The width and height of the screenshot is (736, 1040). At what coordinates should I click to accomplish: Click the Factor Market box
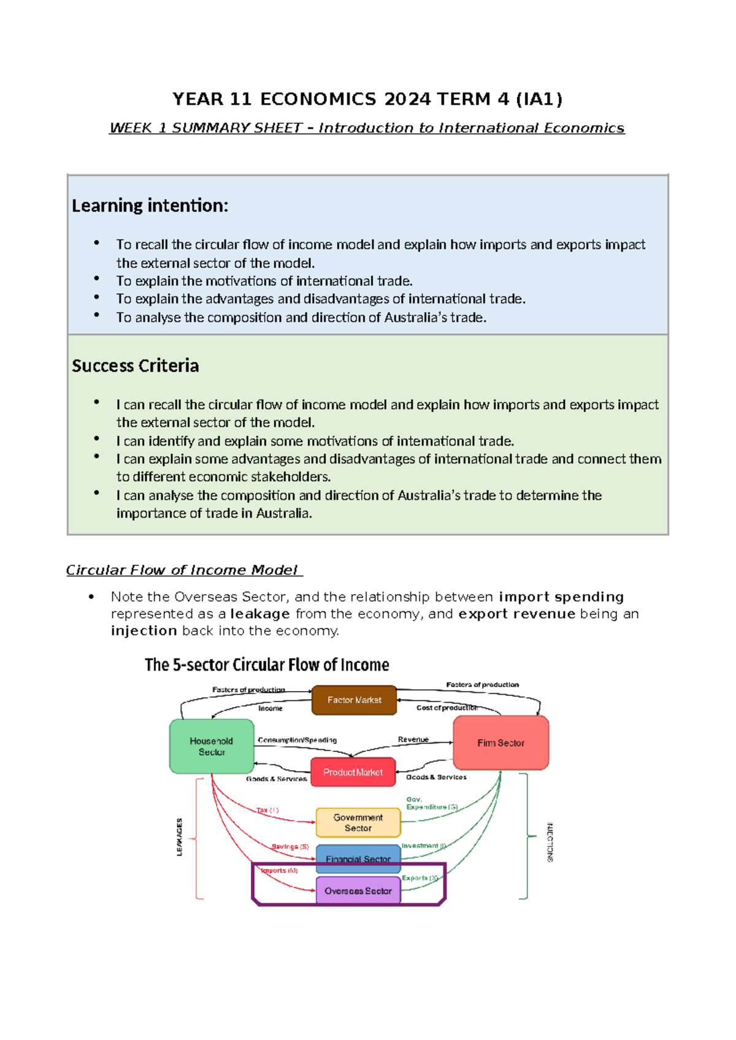tap(354, 700)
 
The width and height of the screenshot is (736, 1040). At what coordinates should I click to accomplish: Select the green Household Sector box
tap(212, 746)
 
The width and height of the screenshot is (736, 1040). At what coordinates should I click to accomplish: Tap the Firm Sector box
tap(500, 743)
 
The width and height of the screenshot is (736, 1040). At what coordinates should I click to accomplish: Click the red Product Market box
tap(353, 772)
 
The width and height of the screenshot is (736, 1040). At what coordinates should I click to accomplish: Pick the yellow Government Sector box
tap(358, 822)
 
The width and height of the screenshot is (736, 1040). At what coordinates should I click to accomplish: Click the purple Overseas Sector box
tap(358, 890)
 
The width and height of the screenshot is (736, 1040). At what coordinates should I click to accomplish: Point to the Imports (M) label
tap(280, 870)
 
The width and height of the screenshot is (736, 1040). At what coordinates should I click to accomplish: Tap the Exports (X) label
tap(420, 877)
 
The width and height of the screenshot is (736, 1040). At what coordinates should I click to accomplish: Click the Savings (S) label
tap(290, 846)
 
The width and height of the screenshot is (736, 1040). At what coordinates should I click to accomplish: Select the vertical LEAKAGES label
tap(179, 837)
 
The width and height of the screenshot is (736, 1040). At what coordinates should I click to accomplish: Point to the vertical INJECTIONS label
tap(550, 842)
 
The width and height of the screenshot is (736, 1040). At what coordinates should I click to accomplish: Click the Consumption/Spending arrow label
tap(297, 740)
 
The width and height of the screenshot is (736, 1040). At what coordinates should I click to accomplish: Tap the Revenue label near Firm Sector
tap(413, 740)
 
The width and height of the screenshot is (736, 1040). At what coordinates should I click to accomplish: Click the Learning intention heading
tap(150, 205)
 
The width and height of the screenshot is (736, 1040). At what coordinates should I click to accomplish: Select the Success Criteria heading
tap(136, 366)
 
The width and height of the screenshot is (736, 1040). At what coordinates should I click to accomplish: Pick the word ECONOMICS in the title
tap(318, 99)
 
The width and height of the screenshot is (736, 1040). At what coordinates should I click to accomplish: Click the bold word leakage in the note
tap(260, 614)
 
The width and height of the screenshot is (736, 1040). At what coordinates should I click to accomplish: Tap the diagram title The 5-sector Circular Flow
tap(267, 665)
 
